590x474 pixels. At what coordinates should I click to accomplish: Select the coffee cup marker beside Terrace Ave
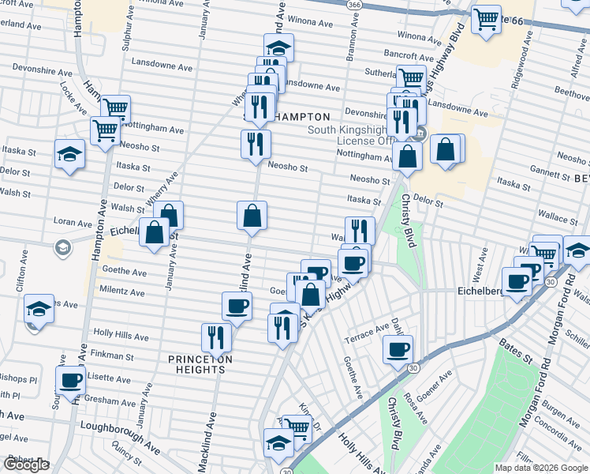(398, 348)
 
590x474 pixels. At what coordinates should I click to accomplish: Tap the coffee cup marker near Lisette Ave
(70, 379)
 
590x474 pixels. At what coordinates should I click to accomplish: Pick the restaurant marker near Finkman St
(215, 337)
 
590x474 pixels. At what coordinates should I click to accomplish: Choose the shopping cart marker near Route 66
(487, 17)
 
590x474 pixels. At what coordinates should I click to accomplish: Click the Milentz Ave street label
(122, 292)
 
